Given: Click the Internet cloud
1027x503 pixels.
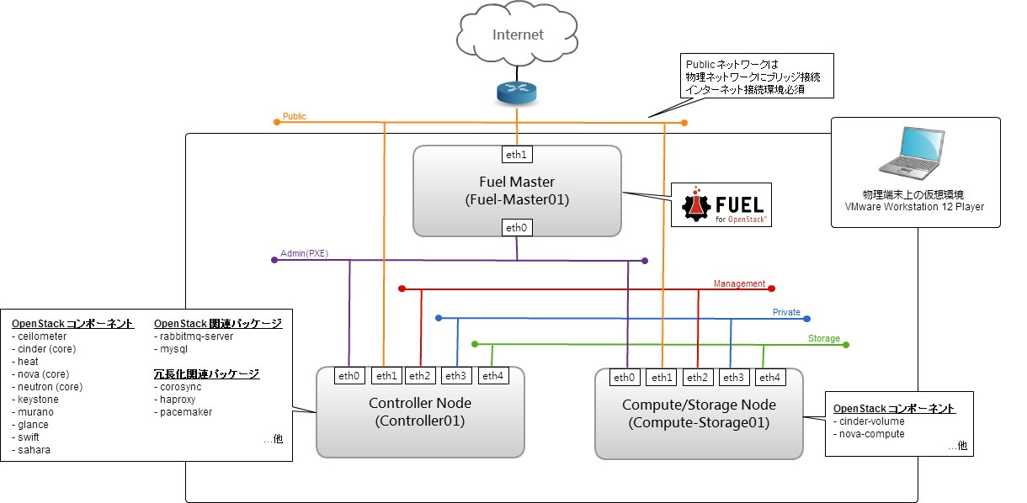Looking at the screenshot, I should pyautogui.click(x=518, y=36).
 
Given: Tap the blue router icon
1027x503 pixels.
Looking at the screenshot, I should pyautogui.click(x=516, y=93).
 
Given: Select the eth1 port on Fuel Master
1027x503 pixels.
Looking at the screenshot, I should pyautogui.click(x=515, y=155).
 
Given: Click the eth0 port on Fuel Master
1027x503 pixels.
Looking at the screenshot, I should pyautogui.click(x=516, y=227).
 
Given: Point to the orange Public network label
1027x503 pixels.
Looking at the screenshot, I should pyautogui.click(x=295, y=116).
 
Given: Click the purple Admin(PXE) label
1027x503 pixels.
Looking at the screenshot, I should pyautogui.click(x=303, y=253).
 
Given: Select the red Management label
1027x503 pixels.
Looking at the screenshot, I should pyautogui.click(x=739, y=283).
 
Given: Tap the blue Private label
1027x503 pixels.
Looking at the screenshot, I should pyautogui.click(x=786, y=312).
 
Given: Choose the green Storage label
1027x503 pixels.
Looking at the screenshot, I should pyautogui.click(x=823, y=338).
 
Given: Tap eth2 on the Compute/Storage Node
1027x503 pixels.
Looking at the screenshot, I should pyautogui.click(x=699, y=378).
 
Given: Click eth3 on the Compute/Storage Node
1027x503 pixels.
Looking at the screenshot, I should pyautogui.click(x=734, y=378).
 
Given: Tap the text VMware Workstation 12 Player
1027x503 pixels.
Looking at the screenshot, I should pyautogui.click(x=914, y=206).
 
